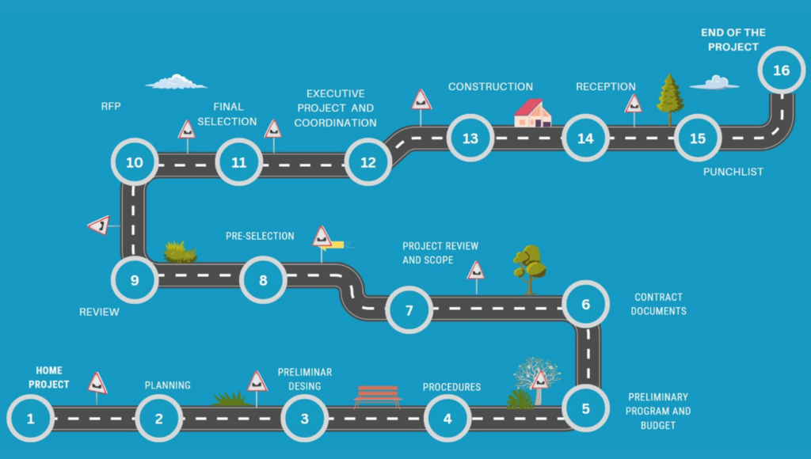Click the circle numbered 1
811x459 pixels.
pos(31,417)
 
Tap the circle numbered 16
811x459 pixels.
pos(781,70)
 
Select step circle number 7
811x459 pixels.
pos(409,309)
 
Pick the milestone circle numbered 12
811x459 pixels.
pos(368,162)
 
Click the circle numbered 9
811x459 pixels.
pos(134,280)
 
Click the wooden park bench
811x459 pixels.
pos(377,395)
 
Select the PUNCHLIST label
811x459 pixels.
pos(733,172)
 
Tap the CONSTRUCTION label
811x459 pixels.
pos(490,86)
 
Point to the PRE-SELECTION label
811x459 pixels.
pos(260,236)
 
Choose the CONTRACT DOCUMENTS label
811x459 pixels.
pos(658,304)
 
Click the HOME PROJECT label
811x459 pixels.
pos(49,377)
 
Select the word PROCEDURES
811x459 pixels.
pos(451,387)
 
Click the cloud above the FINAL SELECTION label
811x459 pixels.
pos(176,82)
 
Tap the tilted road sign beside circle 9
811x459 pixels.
pos(99,226)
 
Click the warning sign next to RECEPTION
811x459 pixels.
pos(633,104)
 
